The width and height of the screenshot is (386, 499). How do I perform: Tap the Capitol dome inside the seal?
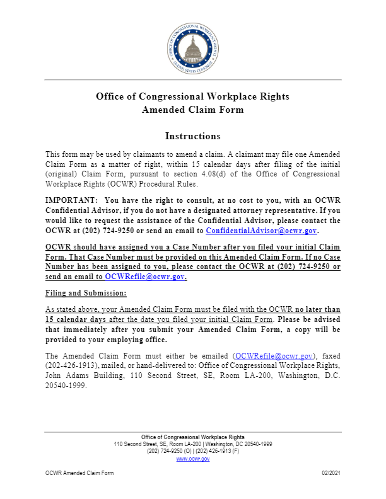[x=193, y=44]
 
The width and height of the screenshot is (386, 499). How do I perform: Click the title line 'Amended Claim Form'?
[x=193, y=110]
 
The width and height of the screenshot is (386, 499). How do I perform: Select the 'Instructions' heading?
[x=193, y=136]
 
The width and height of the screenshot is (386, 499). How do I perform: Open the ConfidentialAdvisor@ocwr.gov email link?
[x=260, y=231]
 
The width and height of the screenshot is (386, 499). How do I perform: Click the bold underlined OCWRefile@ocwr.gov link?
[x=145, y=277]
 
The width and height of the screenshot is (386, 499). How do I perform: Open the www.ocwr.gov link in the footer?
[x=193, y=459]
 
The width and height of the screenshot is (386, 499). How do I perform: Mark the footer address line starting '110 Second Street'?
[x=193, y=444]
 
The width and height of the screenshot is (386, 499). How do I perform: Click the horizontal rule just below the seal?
[x=193, y=79]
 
